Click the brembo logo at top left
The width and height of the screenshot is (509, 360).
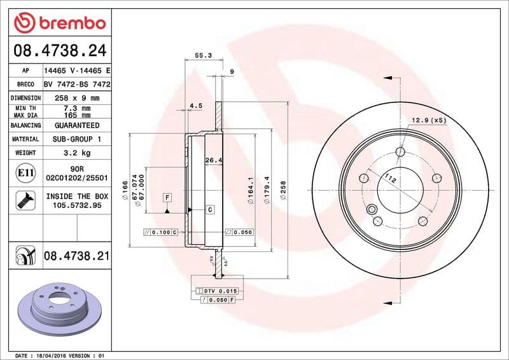coord(59,23)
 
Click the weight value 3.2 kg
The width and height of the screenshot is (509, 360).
coord(77,153)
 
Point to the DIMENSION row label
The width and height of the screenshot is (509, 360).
coord(25,98)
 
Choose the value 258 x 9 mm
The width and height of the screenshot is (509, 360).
coord(77,98)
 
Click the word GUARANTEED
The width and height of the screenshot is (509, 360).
coord(77,125)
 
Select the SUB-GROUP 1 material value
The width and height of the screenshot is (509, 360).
coord(77,139)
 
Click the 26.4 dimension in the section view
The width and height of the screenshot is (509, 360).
coord(213,160)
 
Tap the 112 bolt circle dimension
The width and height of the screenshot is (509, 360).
coord(390,180)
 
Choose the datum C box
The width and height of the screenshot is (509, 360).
coord(209,209)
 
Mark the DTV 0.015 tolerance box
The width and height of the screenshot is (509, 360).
coord(220,291)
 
